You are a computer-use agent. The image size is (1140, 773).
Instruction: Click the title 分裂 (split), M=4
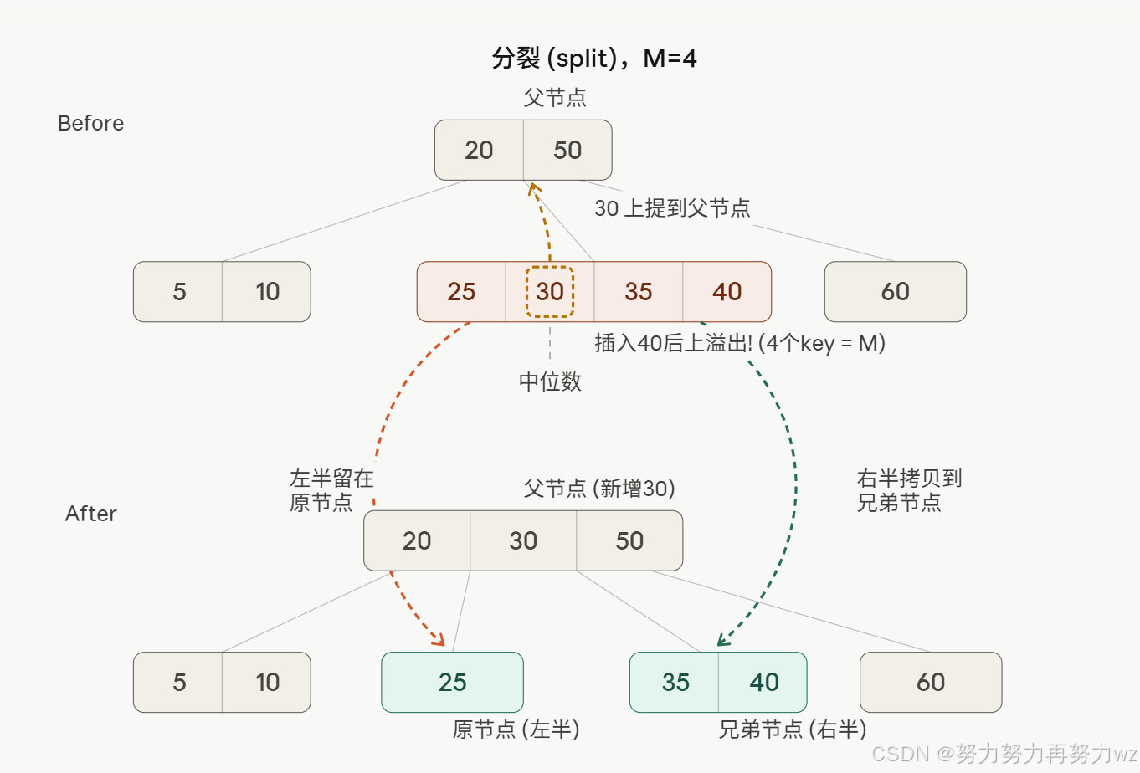(594, 59)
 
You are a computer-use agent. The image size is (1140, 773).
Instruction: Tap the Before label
(90, 123)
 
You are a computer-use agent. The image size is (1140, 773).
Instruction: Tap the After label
(90, 513)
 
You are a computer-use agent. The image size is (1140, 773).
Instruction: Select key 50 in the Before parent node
(567, 151)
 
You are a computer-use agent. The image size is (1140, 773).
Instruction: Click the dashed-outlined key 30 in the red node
(550, 292)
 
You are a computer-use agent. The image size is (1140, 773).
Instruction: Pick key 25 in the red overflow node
(461, 292)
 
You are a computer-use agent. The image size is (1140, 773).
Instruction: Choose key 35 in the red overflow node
(639, 292)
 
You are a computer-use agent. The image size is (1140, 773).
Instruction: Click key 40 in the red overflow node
(727, 292)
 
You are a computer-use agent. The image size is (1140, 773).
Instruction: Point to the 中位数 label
(550, 381)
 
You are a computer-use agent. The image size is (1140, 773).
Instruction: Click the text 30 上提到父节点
(672, 208)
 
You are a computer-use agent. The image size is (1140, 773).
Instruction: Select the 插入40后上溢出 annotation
(740, 343)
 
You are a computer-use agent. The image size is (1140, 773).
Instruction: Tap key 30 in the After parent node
(523, 541)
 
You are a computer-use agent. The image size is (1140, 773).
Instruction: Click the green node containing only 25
(452, 683)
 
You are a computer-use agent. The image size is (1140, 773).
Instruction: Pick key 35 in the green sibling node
(675, 683)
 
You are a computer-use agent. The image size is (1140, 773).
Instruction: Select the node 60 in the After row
(931, 683)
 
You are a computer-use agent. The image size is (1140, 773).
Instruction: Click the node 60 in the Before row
(896, 292)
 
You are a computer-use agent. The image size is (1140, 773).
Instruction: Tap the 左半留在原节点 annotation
(331, 490)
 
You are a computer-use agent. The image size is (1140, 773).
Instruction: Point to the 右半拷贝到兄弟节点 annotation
(909, 490)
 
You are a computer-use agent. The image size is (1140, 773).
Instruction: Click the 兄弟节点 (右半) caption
(792, 729)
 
